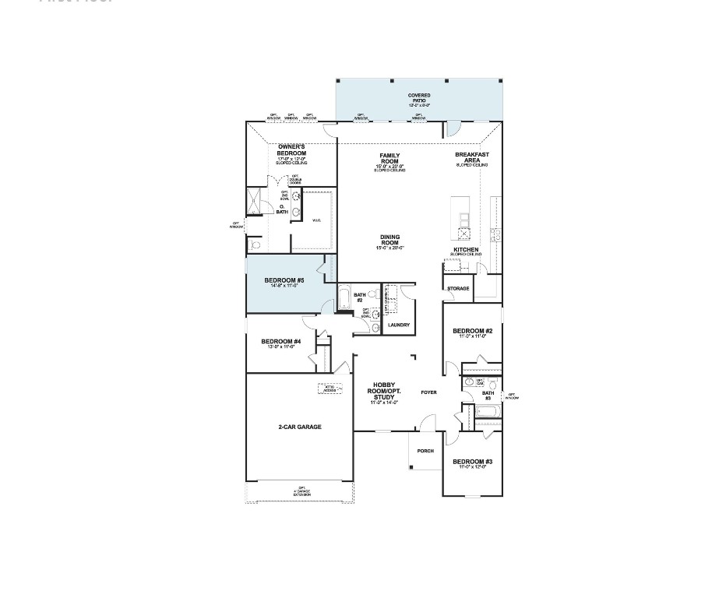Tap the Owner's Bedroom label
pyautogui.click(x=291, y=150)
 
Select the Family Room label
pyautogui.click(x=389, y=158)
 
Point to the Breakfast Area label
pyautogui.click(x=472, y=157)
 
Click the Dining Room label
pyautogui.click(x=389, y=239)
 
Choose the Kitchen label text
pyautogui.click(x=466, y=250)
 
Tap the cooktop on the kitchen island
pyautogui.click(x=464, y=233)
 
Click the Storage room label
pyautogui.click(x=458, y=289)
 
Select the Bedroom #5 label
pyautogui.click(x=284, y=280)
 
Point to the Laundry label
pyautogui.click(x=399, y=325)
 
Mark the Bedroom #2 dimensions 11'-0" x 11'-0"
pyautogui.click(x=472, y=336)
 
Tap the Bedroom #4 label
pyautogui.click(x=280, y=342)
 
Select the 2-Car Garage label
pyautogui.click(x=300, y=427)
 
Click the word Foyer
pyautogui.click(x=428, y=392)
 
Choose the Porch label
pyautogui.click(x=425, y=451)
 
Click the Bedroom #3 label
pyautogui.click(x=472, y=462)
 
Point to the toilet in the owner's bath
pyautogui.click(x=256, y=244)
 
